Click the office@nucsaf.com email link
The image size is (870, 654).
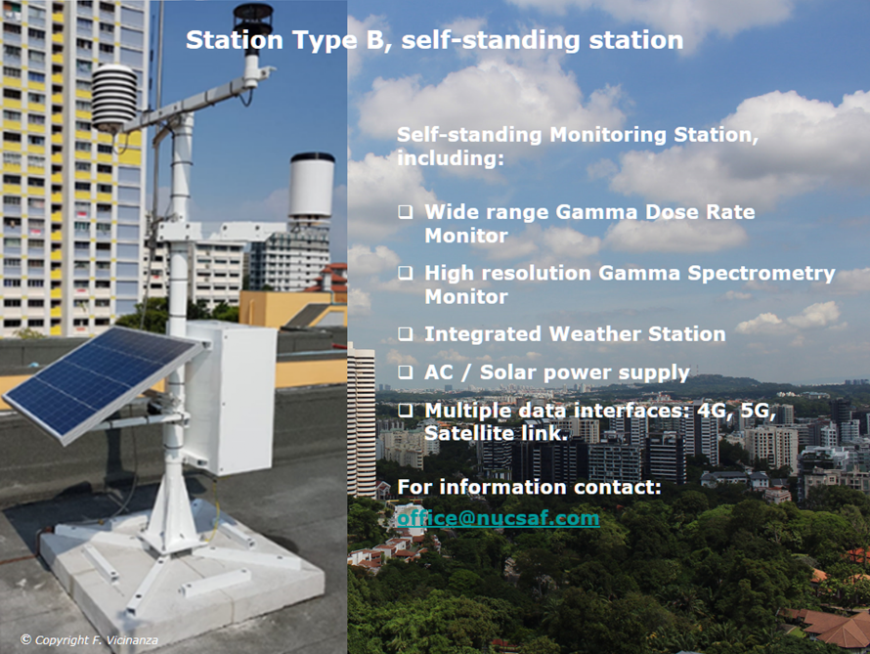(x=499, y=518)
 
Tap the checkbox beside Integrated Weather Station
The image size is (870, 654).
(x=406, y=334)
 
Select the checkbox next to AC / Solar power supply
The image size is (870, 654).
(x=406, y=371)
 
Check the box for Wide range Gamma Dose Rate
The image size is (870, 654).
(x=406, y=211)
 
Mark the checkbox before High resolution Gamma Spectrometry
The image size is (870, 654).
(x=406, y=273)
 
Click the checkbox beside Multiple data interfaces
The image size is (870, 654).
(x=406, y=410)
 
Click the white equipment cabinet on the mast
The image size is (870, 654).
(x=232, y=397)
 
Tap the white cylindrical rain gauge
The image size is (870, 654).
(x=311, y=186)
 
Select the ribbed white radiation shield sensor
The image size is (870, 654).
(x=114, y=98)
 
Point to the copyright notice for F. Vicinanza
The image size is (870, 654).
(x=89, y=639)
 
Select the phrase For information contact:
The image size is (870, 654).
(x=529, y=487)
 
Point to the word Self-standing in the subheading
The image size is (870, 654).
(x=469, y=135)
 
